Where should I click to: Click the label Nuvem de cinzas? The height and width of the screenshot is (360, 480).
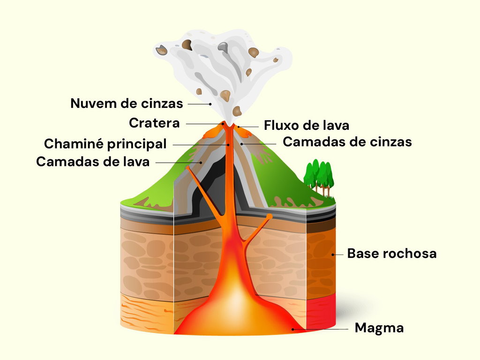[x=127, y=104]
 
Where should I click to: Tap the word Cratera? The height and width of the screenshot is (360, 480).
[x=154, y=123]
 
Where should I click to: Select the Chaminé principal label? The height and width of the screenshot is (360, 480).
[x=105, y=144]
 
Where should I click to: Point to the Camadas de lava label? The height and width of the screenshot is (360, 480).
[x=93, y=162]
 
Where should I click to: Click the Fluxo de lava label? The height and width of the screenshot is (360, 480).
[x=307, y=126]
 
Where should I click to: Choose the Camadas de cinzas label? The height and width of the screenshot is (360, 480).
[x=347, y=142]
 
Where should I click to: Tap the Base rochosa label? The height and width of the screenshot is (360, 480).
[x=392, y=254]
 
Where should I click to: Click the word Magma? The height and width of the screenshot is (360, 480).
[x=379, y=328]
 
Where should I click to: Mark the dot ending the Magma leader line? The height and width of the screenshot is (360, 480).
[x=292, y=330]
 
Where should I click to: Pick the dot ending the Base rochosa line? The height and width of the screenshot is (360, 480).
[x=333, y=255]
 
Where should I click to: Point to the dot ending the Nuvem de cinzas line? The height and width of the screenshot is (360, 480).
[x=210, y=104]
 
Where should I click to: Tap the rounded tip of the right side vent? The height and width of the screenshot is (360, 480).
[x=269, y=217]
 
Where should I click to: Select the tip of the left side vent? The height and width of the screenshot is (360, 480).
[x=187, y=168]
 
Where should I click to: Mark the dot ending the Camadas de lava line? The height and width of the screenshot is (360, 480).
[x=201, y=163]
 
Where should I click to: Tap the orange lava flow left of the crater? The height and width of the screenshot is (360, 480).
[x=212, y=131]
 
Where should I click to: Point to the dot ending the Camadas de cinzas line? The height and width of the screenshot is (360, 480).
[x=241, y=143]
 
